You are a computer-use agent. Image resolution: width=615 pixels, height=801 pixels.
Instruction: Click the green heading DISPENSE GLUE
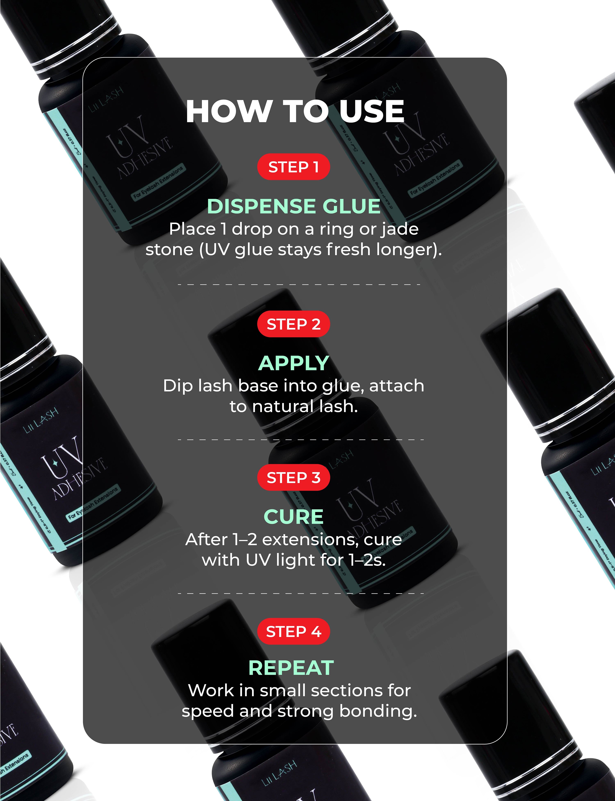(294, 206)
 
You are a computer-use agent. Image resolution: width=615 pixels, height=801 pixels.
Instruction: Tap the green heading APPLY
(294, 363)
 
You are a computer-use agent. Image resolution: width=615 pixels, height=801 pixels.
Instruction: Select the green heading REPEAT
(291, 668)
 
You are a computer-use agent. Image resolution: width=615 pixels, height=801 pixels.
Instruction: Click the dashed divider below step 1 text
(298, 285)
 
